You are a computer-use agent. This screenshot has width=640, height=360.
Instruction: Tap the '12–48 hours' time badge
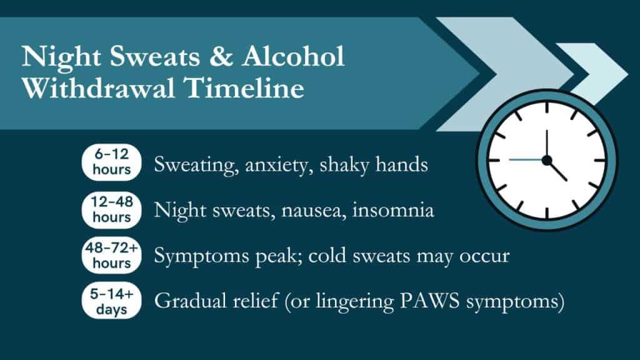(112, 209)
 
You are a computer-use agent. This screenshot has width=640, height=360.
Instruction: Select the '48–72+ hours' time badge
(112, 255)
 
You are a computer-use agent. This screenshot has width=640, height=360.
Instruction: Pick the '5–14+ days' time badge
(112, 301)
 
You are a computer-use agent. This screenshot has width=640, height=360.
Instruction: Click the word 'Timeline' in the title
(251, 89)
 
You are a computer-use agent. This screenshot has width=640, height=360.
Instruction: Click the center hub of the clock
(547, 161)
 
